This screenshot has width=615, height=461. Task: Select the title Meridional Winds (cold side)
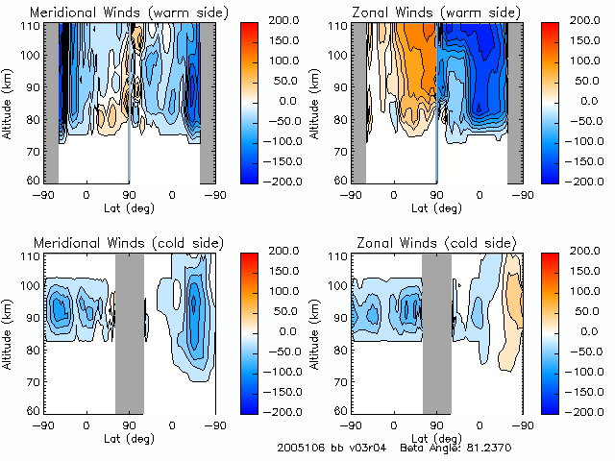[x=114, y=241]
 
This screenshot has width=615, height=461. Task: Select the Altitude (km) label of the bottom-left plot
[x=9, y=331]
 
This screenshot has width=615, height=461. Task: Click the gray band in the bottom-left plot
[x=130, y=331]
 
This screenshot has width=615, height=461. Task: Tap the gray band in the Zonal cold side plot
[x=436, y=331]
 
